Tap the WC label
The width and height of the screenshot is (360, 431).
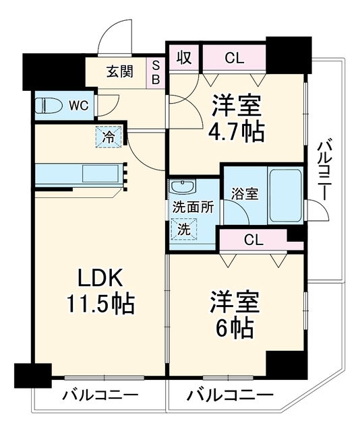[79, 105]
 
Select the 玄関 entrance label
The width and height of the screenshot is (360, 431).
[120, 71]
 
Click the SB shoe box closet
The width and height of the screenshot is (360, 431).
[156, 73]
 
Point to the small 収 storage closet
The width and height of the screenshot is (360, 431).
[184, 57]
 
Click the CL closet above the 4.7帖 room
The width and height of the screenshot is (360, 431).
[234, 57]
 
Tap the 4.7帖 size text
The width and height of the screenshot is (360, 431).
[235, 132]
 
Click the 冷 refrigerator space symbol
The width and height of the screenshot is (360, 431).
[109, 137]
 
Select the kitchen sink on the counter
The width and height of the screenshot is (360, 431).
[100, 173]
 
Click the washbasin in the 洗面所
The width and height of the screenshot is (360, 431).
[183, 187]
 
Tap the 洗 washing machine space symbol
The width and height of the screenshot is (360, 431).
[184, 229]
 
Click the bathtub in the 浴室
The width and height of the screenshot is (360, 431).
[285, 196]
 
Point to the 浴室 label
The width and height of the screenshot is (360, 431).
[245, 194]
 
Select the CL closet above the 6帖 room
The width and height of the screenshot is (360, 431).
[253, 240]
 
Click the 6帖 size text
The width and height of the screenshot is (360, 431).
[234, 328]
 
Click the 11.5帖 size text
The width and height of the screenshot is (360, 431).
[100, 304]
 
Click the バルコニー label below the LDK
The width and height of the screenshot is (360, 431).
[100, 396]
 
